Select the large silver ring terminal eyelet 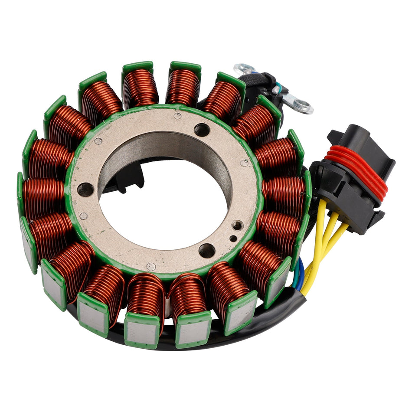301,105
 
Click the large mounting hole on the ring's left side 85,190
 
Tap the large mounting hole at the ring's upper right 202,129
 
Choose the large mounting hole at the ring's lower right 207,250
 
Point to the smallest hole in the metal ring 233,238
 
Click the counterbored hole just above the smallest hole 237,225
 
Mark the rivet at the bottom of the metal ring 151,267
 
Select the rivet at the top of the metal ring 177,116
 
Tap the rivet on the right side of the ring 244,163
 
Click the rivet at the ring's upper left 98,141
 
